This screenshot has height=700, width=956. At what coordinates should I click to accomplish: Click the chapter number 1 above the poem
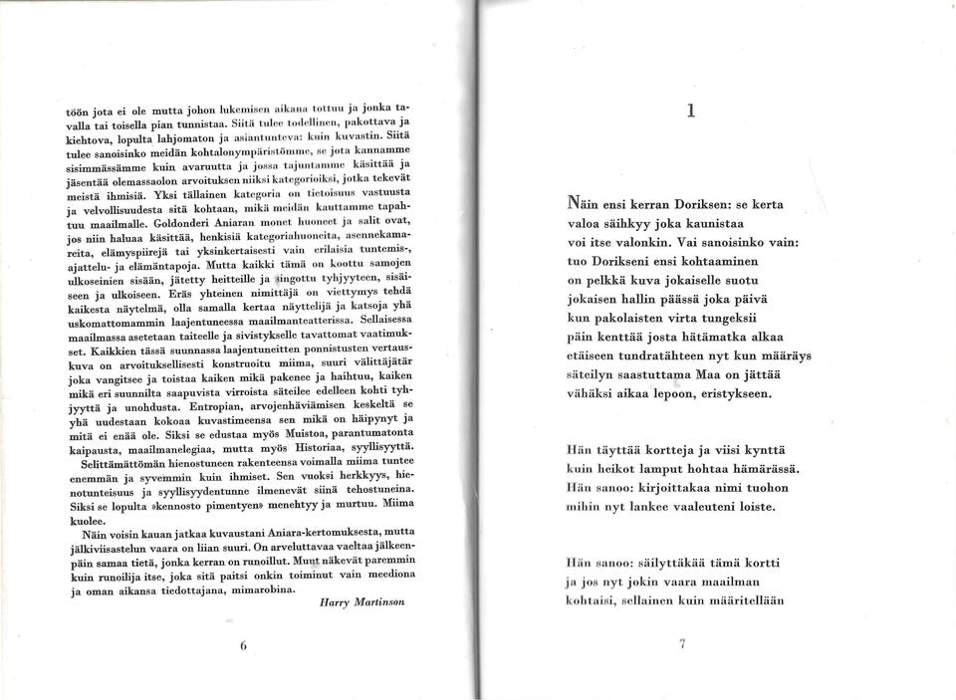point(689,112)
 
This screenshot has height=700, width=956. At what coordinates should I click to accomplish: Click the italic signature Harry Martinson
point(361,604)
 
